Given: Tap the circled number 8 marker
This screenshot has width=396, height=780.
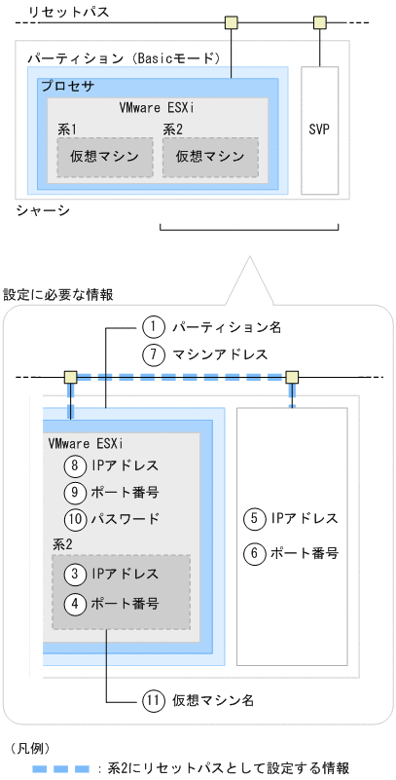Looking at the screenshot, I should [74, 465].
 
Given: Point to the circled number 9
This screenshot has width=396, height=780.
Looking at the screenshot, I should [74, 492].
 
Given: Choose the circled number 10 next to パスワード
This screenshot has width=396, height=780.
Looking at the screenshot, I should [74, 519].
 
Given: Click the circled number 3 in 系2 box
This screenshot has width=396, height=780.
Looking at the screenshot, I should [74, 576].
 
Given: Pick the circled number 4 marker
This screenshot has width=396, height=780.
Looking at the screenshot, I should [74, 603].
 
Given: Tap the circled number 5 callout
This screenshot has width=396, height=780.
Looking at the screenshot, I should [255, 518].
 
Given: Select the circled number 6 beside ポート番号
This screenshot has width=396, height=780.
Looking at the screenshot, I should [255, 553].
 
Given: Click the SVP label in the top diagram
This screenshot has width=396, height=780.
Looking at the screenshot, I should [319, 130].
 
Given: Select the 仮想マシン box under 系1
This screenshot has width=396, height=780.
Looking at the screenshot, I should [104, 157].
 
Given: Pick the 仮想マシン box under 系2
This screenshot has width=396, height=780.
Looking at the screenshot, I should [209, 157].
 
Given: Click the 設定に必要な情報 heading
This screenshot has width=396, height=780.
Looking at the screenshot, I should [57, 293].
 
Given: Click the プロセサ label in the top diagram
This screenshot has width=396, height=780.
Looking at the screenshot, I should [67, 87].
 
